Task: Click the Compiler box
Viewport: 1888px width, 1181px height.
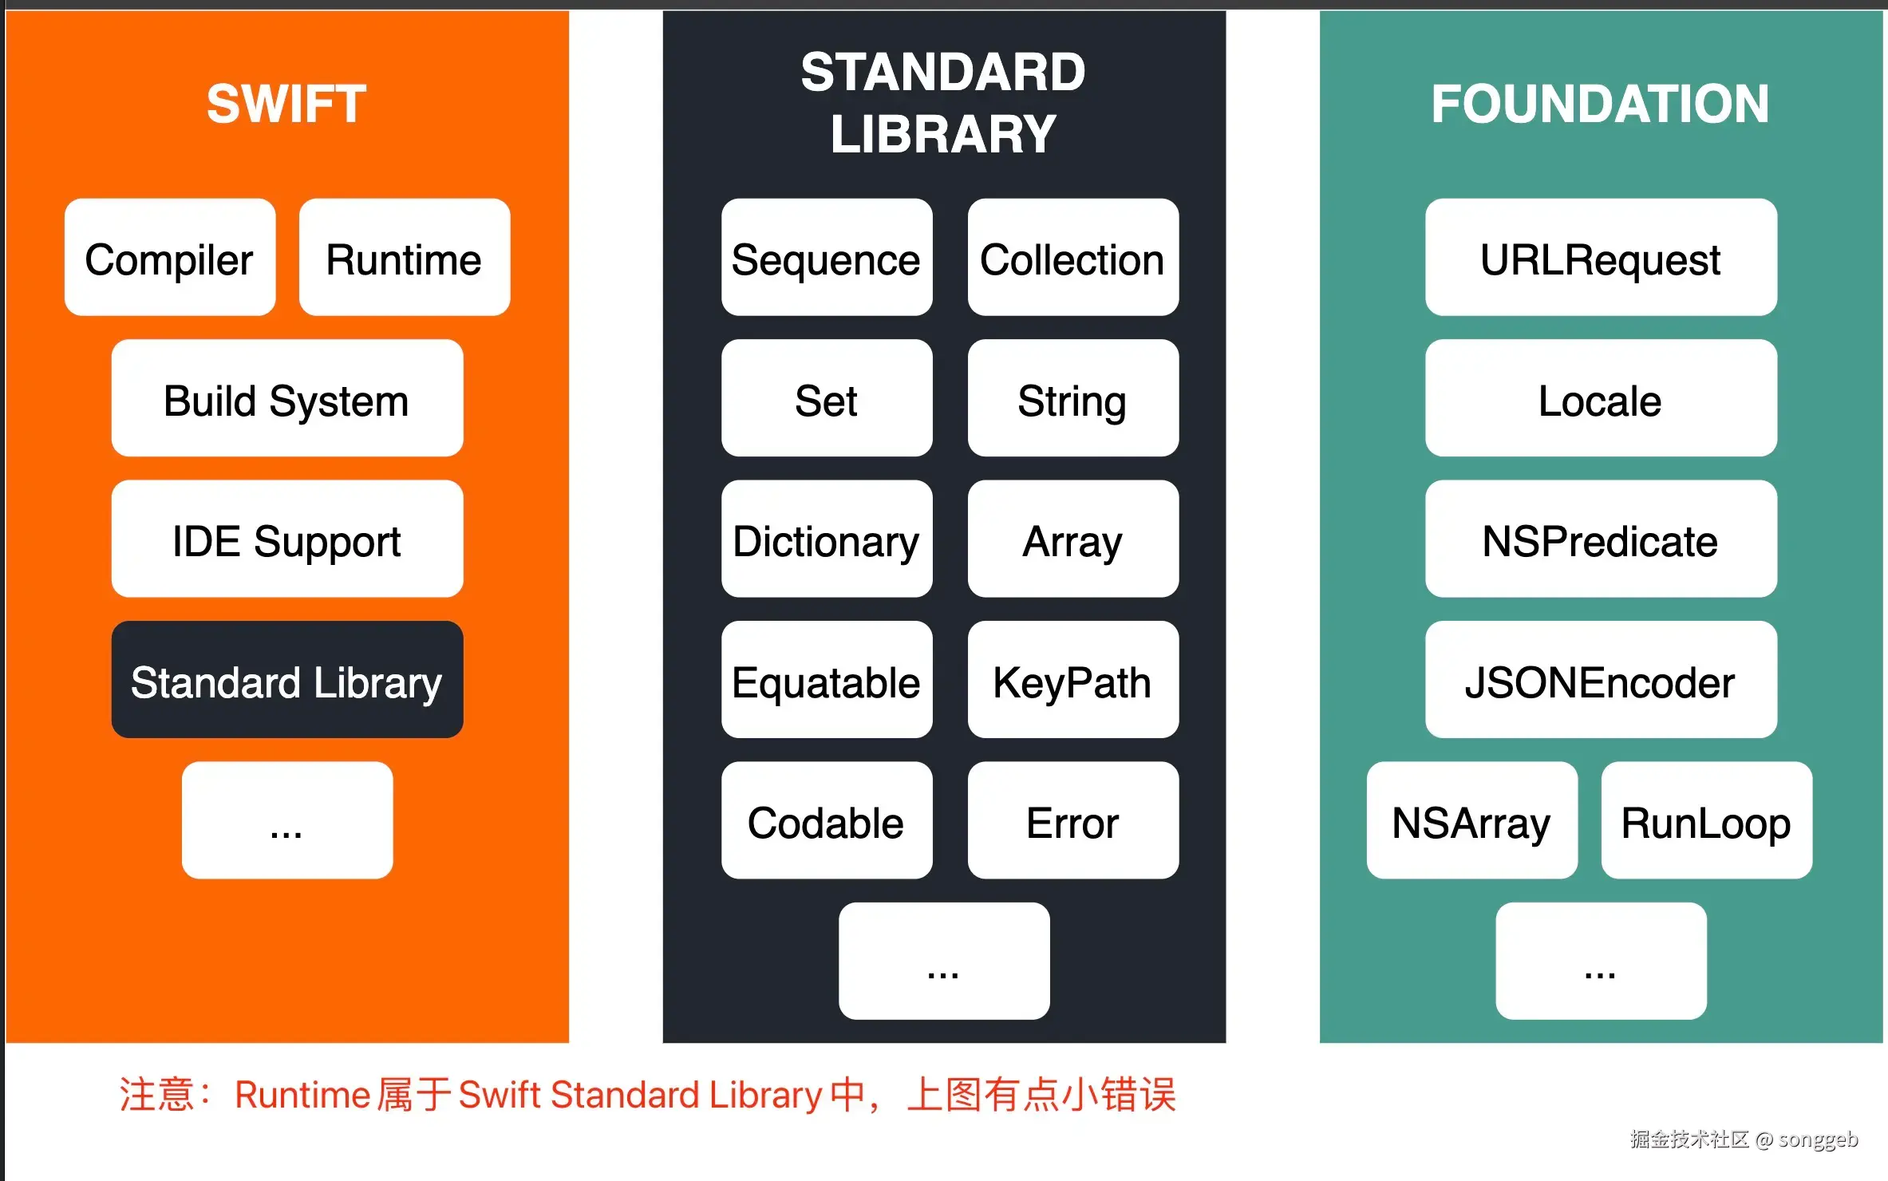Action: [169, 258]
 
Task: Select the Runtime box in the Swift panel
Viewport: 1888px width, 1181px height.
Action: [404, 258]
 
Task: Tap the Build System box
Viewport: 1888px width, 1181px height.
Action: [286, 399]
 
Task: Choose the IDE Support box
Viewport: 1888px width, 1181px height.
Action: [286, 539]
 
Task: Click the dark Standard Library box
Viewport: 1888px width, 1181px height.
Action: [286, 681]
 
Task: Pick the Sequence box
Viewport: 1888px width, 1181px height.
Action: [826, 258]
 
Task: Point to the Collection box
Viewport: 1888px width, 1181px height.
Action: [1072, 258]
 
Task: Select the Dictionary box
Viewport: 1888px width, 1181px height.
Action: [826, 539]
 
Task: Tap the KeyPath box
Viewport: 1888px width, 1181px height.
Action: [1072, 681]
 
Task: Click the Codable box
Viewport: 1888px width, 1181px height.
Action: [826, 821]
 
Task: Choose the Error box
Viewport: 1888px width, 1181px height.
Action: [1072, 821]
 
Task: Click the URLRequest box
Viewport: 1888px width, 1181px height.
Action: [1600, 258]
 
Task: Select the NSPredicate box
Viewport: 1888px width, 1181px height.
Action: [1600, 539]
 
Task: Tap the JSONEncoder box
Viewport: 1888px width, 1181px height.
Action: [1600, 681]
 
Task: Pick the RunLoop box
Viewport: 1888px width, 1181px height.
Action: [1706, 821]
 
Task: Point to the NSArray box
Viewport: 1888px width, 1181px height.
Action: [1471, 821]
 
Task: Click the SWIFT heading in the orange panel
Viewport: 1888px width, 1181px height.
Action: [286, 104]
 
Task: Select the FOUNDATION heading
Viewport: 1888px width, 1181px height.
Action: [1600, 104]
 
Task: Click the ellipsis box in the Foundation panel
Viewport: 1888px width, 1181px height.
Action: [1600, 962]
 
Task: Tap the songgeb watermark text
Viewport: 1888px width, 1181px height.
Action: [1818, 1139]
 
